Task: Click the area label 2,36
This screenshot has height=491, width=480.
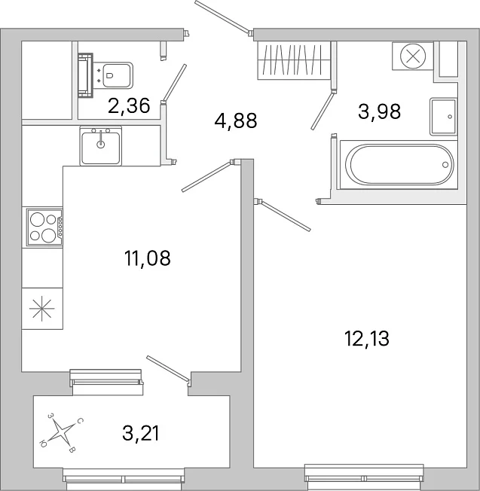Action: pyautogui.click(x=129, y=105)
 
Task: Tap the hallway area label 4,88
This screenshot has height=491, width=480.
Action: pyautogui.click(x=236, y=120)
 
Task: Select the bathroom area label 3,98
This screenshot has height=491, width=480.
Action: pyautogui.click(x=379, y=111)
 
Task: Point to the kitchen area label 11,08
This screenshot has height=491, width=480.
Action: pyautogui.click(x=147, y=258)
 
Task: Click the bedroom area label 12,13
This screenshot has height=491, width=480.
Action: pyautogui.click(x=366, y=338)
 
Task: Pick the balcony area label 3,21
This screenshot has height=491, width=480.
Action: pyautogui.click(x=141, y=433)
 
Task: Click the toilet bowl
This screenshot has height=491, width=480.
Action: pyautogui.click(x=116, y=75)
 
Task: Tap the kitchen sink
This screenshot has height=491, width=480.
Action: pyautogui.click(x=100, y=145)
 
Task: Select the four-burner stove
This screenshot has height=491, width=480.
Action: pyautogui.click(x=44, y=227)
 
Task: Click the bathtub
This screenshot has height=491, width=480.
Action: pyautogui.click(x=399, y=165)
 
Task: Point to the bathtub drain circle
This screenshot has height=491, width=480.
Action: pyautogui.click(x=445, y=165)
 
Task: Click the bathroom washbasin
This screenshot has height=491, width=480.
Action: pyautogui.click(x=443, y=117)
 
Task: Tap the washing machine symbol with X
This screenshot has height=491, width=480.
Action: pyautogui.click(x=413, y=56)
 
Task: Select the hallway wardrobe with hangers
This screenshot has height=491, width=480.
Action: pyautogui.click(x=294, y=60)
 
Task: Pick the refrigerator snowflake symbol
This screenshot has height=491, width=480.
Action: pyautogui.click(x=42, y=309)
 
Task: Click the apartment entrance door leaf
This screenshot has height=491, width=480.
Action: pyautogui.click(x=222, y=17)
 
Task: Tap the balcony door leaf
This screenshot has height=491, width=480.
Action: pyautogui.click(x=169, y=370)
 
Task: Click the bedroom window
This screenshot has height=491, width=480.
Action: pyautogui.click(x=365, y=477)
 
